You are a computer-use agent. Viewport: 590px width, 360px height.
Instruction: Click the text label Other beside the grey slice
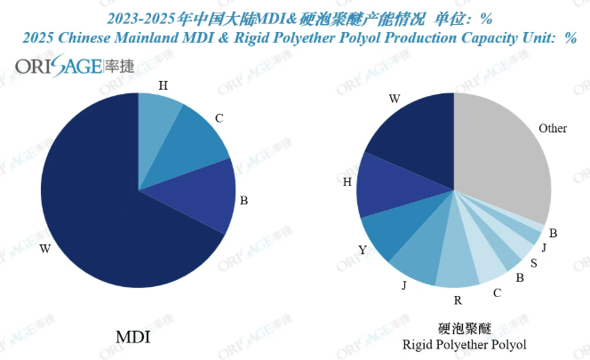point(553,129)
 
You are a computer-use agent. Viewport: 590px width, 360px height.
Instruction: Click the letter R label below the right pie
point(456,302)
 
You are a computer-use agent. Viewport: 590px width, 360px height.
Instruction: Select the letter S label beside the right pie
point(532,264)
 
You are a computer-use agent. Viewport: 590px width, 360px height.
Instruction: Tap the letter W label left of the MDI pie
point(44,250)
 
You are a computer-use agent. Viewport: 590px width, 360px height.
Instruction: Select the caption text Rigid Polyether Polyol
point(465,345)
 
